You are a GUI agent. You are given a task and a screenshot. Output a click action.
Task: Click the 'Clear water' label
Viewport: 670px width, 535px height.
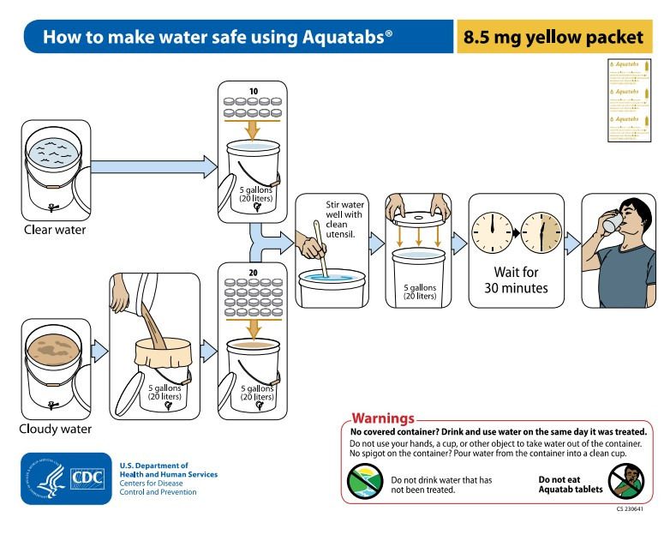pyautogui.click(x=55, y=229)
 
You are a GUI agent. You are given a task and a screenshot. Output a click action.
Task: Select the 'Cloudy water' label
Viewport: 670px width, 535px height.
pyautogui.click(x=56, y=428)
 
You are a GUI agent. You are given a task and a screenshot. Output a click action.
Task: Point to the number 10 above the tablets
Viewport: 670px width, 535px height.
pyautogui.click(x=253, y=91)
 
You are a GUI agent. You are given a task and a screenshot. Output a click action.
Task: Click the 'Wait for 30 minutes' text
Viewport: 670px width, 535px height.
pyautogui.click(x=517, y=280)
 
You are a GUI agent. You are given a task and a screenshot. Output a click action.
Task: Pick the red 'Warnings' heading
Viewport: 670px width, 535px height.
pyautogui.click(x=383, y=418)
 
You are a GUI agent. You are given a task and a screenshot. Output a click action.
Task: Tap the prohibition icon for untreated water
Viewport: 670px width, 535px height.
pyautogui.click(x=365, y=482)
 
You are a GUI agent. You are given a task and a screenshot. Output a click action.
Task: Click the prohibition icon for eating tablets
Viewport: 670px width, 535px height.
pyautogui.click(x=626, y=482)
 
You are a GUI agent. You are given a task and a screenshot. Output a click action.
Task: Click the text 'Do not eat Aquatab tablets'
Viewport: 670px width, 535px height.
pyautogui.click(x=570, y=485)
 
